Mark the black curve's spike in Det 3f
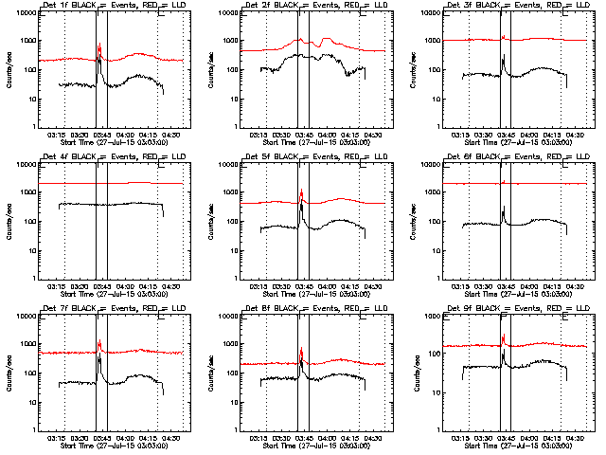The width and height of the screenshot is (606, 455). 504,56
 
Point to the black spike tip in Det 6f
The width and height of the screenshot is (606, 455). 504,207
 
